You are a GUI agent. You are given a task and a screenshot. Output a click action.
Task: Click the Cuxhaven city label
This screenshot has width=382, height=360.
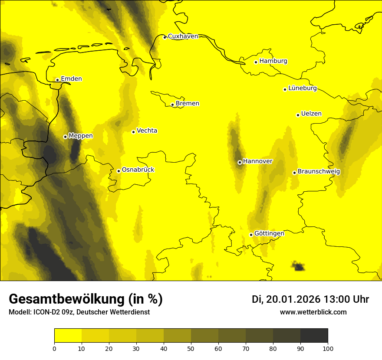183,36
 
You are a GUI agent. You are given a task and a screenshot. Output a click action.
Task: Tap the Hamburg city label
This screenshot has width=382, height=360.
273,61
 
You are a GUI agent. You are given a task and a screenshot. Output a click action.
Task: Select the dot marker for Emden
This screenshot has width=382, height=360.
57,80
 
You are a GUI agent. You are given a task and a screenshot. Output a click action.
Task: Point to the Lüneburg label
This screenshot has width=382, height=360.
303,88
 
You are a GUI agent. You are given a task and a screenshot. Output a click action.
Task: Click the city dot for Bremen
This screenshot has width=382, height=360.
172,105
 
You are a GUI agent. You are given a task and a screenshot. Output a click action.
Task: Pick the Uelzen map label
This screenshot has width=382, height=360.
311,114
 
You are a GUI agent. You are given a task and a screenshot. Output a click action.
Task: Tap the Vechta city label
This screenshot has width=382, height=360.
147,131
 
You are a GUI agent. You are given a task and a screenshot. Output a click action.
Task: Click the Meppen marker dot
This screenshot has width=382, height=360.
65,137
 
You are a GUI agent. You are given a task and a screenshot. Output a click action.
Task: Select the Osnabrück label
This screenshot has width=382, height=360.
138,170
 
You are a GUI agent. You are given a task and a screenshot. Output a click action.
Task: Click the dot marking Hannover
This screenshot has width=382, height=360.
240,162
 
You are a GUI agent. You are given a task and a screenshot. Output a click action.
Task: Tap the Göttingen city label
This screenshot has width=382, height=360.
269,234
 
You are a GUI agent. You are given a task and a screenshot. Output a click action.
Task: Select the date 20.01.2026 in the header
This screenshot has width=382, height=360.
293,299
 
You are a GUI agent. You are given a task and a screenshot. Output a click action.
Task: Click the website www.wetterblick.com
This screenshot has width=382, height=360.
313,312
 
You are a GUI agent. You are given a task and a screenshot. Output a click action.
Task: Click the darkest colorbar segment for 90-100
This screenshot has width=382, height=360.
314,336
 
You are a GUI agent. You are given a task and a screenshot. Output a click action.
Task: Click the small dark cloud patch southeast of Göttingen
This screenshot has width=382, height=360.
298,266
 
